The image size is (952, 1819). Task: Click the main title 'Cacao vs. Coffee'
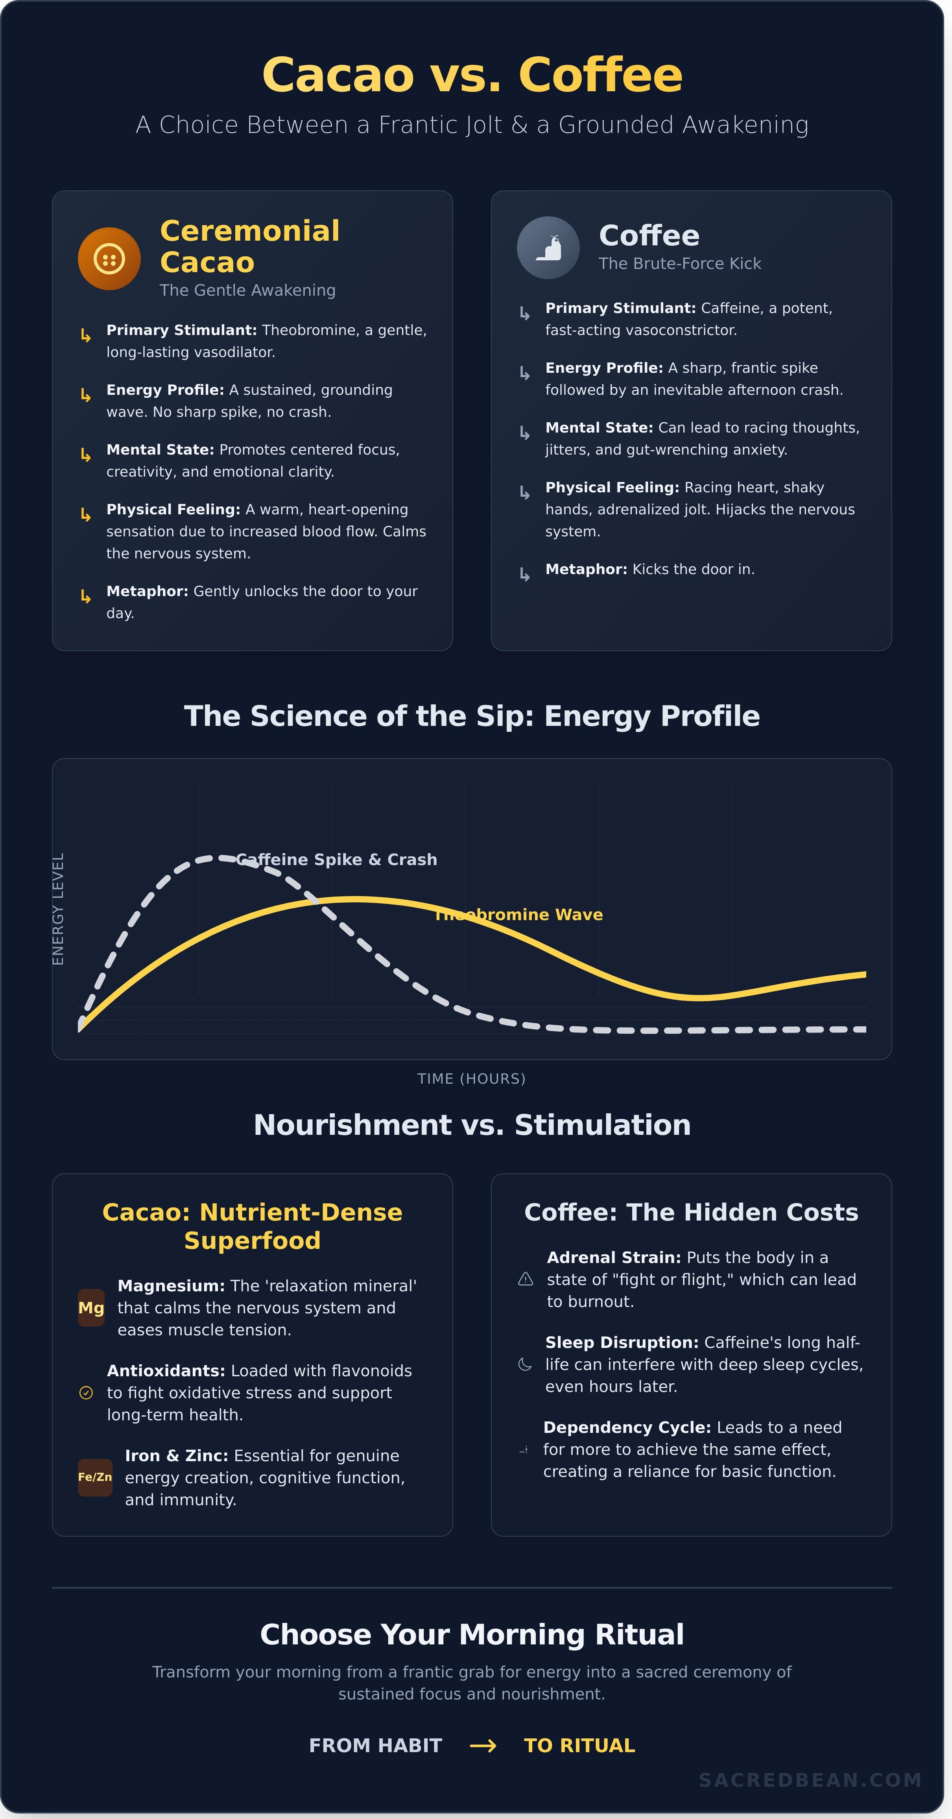(472, 75)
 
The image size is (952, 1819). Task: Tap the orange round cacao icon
(109, 258)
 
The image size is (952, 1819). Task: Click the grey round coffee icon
(548, 248)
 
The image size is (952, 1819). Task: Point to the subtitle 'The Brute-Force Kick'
(679, 263)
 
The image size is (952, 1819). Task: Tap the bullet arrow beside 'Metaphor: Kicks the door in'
(524, 574)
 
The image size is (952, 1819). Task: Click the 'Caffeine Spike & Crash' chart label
(336, 859)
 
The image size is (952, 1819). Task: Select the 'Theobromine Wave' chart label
(518, 915)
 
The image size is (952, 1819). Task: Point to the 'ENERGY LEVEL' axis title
(58, 909)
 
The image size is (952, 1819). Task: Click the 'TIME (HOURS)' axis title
(471, 1078)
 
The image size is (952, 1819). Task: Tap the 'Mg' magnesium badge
(91, 1308)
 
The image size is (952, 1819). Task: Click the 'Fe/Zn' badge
(95, 1477)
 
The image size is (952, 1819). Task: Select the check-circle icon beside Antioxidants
(86, 1392)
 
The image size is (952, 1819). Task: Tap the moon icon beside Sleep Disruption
(525, 1364)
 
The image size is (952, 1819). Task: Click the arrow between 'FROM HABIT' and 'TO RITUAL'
(483, 1745)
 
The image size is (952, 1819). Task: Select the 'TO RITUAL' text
(579, 1745)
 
